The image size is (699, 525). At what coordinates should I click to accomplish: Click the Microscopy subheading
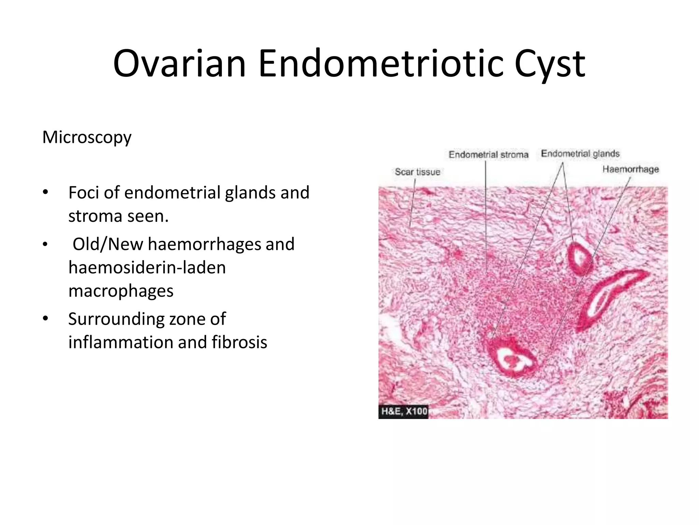(87, 137)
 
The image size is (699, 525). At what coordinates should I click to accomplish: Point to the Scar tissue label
(417, 172)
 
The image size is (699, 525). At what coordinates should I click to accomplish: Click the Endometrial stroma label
(488, 155)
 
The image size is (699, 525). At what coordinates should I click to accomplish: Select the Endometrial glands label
(580, 154)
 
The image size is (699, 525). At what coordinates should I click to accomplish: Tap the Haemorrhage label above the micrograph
(630, 169)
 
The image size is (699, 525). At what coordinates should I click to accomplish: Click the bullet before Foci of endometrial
(45, 192)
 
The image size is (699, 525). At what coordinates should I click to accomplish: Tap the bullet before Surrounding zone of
(45, 319)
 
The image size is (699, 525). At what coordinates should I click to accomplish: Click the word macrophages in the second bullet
(121, 291)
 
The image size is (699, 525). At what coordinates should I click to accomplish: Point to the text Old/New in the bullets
(107, 244)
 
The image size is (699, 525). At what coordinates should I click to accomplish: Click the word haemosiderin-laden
(147, 268)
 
